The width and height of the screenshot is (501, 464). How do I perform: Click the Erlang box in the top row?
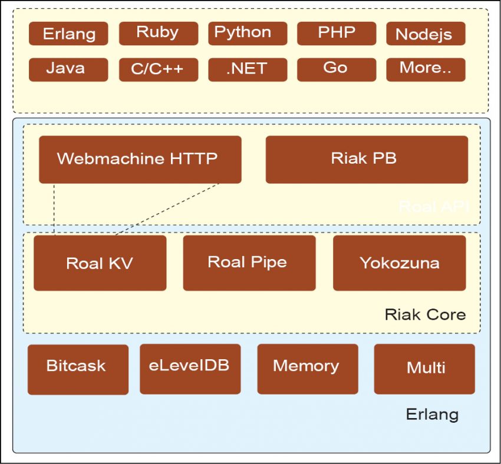(x=68, y=34)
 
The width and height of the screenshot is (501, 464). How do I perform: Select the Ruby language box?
(x=157, y=33)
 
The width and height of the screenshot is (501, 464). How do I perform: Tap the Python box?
(x=248, y=33)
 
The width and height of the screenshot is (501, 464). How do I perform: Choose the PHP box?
(x=336, y=33)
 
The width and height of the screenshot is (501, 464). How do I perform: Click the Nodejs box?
(x=426, y=34)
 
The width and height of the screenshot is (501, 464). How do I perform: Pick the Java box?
(x=68, y=69)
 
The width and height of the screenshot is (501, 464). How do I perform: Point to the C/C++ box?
(x=157, y=69)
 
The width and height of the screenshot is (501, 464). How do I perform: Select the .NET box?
(x=248, y=69)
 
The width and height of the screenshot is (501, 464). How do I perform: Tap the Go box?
(x=336, y=69)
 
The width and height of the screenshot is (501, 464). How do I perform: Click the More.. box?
(x=426, y=69)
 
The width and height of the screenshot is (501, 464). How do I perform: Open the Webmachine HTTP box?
(x=140, y=159)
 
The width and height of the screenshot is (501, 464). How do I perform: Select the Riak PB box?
(x=367, y=159)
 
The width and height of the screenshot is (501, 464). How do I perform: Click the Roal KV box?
(x=100, y=263)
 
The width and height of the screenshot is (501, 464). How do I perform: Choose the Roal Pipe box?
(x=249, y=263)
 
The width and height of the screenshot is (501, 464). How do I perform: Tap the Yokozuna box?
(x=399, y=263)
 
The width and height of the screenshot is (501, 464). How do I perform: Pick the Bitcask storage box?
(x=78, y=369)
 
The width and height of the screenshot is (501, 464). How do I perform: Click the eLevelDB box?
(x=190, y=369)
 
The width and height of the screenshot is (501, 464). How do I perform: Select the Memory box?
(x=307, y=369)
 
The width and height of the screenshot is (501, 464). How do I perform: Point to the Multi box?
(x=424, y=369)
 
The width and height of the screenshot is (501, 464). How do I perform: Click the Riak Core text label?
(x=425, y=314)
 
